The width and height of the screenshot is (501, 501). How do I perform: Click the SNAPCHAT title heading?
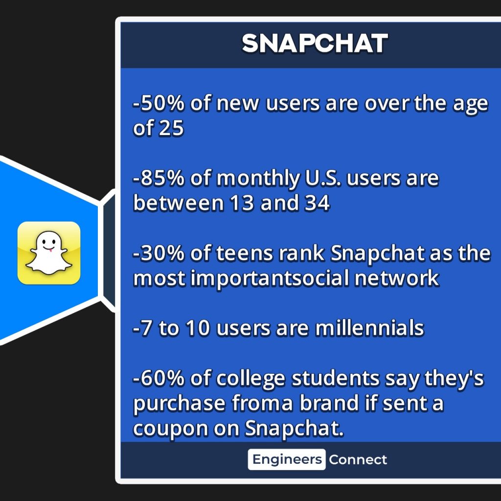click(315, 44)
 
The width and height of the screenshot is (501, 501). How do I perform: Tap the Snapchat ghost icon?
click(49, 253)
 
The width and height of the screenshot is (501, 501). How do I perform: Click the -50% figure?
click(159, 103)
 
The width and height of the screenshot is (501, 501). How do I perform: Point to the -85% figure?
click(159, 178)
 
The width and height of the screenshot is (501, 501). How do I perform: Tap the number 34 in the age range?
click(317, 203)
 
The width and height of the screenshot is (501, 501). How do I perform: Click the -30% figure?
click(159, 253)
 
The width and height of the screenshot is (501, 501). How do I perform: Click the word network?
click(396, 278)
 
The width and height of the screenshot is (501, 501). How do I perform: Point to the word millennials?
click(369, 328)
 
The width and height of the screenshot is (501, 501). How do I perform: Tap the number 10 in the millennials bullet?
click(198, 328)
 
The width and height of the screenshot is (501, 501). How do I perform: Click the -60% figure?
click(159, 378)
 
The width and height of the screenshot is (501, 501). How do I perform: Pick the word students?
click(336, 378)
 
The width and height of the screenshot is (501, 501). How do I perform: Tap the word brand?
click(329, 403)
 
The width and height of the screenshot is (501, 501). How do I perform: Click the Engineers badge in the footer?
click(287, 459)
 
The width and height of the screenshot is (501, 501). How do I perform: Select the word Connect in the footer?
click(358, 460)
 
